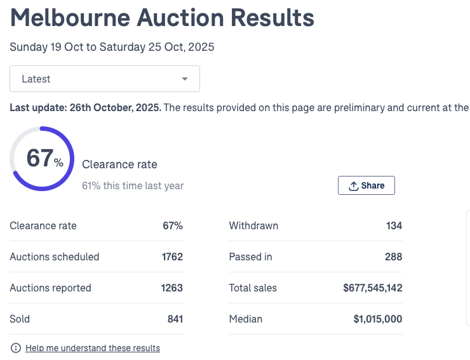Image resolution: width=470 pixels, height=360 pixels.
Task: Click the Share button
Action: (x=366, y=185)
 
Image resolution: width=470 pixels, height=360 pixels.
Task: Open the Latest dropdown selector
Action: (x=104, y=79)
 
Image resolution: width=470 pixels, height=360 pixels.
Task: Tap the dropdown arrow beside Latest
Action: (x=185, y=79)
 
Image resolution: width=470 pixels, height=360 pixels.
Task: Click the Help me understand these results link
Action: (x=93, y=348)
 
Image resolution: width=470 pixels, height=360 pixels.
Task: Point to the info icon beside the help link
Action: (x=16, y=348)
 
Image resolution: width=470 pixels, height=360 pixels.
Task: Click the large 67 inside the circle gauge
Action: (x=40, y=159)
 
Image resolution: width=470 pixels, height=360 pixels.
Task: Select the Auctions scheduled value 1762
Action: (x=171, y=257)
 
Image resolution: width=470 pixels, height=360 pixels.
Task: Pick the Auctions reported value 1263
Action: (x=171, y=288)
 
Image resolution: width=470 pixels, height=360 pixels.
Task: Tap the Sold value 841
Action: (x=175, y=319)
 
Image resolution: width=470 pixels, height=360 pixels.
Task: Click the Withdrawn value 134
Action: (x=394, y=226)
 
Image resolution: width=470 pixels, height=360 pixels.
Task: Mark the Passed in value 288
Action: (x=393, y=257)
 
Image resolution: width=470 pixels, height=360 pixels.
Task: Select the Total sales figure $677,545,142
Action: (x=372, y=288)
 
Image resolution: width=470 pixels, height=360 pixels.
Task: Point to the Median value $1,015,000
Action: (x=377, y=319)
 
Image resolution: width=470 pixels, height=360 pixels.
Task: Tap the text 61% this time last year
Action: (x=133, y=186)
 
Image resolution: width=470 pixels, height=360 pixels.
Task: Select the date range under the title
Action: (x=112, y=47)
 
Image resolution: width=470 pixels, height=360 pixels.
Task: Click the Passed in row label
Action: (x=250, y=257)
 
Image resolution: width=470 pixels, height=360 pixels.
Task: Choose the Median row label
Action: (x=245, y=319)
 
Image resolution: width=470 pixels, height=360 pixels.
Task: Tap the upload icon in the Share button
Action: (x=354, y=185)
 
